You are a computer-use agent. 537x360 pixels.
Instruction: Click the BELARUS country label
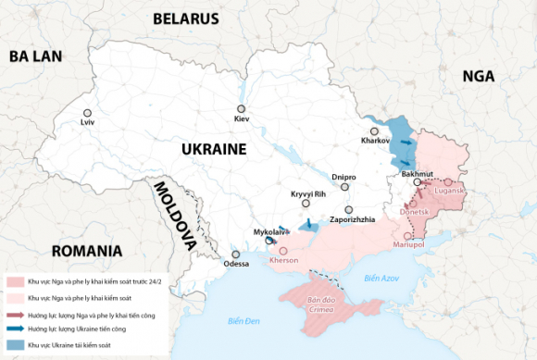pyautogui.click(x=185, y=19)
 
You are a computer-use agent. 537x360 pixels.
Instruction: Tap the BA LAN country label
pyautogui.click(x=35, y=56)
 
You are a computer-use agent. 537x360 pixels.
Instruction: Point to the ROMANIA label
pyautogui.click(x=87, y=251)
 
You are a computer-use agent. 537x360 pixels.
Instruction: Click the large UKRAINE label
pyautogui.click(x=213, y=149)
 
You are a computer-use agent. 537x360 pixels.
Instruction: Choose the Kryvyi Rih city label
pyautogui.click(x=308, y=192)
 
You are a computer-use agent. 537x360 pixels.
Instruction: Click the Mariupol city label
pyautogui.click(x=408, y=244)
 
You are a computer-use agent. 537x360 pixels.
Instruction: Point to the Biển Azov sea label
pyautogui.click(x=381, y=278)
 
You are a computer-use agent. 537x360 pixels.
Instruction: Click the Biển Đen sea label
pyautogui.click(x=245, y=321)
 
